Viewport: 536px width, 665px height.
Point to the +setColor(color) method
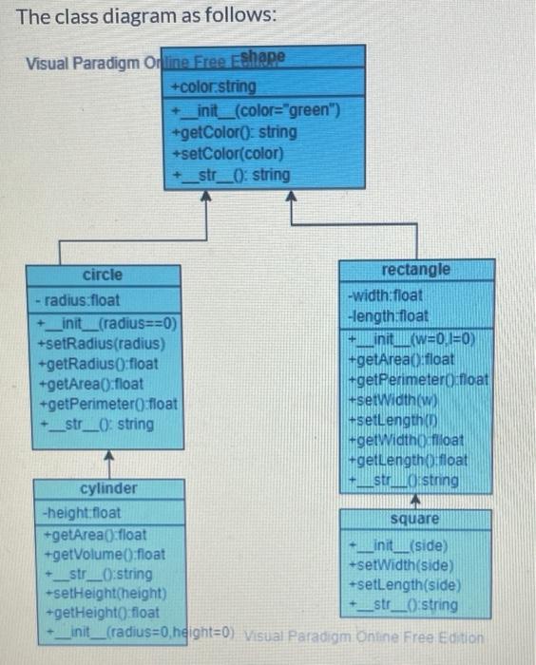(x=220, y=154)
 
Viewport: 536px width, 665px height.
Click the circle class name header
(x=103, y=275)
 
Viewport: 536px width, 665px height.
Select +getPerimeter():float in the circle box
(x=107, y=403)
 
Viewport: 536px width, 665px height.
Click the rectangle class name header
(x=416, y=269)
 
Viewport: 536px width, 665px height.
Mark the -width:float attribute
(x=386, y=295)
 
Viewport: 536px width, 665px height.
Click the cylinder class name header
(x=107, y=488)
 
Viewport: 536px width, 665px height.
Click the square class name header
(x=415, y=519)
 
